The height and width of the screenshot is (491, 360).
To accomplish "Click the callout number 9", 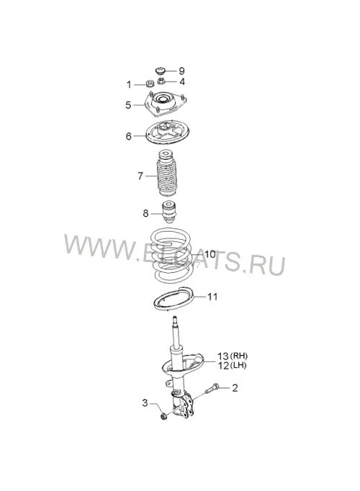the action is click(x=181, y=71).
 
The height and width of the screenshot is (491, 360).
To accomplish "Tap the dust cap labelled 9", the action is click(x=161, y=70).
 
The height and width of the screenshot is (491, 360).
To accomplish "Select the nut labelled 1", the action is click(x=149, y=84).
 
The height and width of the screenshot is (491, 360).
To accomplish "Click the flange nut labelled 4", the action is click(x=161, y=81).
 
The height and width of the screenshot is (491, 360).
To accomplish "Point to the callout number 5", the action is click(x=128, y=105).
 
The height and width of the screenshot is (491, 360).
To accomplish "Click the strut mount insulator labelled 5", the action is click(x=165, y=104).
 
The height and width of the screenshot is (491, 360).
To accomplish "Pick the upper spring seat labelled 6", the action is click(x=167, y=132).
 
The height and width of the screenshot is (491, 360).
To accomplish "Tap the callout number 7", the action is click(x=140, y=176).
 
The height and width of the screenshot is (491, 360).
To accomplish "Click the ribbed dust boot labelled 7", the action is click(x=166, y=174).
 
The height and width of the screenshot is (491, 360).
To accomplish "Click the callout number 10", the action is click(x=210, y=254).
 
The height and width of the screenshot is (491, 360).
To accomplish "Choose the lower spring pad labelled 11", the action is click(x=173, y=299).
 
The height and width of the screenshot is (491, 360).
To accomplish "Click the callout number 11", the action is click(x=212, y=297).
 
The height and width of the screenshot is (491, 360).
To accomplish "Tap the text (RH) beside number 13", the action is click(x=239, y=356).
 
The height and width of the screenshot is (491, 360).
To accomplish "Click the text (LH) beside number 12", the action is click(x=238, y=365).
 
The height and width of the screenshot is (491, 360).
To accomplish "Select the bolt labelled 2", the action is click(x=212, y=388).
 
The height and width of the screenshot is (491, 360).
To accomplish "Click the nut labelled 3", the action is click(x=163, y=416).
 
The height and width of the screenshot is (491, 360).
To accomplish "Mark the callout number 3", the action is click(x=145, y=402).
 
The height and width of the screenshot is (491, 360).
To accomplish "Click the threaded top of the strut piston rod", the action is click(x=175, y=323).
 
